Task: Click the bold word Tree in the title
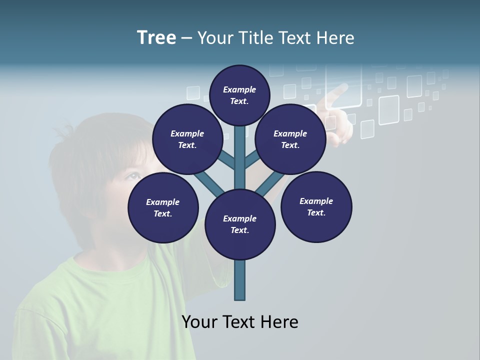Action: (156, 38)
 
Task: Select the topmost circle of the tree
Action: (239, 95)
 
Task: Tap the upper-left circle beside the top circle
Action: (187, 139)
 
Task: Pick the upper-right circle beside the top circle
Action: (290, 139)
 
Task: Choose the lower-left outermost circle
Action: (163, 208)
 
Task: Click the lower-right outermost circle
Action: (316, 206)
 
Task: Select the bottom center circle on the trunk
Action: (240, 224)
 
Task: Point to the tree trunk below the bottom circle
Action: (240, 280)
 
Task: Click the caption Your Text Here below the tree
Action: (240, 322)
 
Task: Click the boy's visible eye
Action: (131, 176)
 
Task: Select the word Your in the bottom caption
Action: (200, 322)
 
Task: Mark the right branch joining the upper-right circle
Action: (251, 159)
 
